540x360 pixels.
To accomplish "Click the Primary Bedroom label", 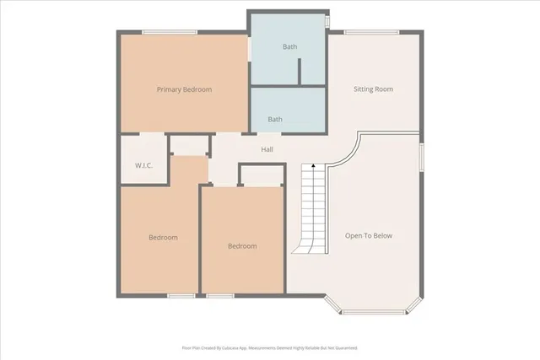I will pos(184,89).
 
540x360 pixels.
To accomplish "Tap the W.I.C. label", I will pos(143,166).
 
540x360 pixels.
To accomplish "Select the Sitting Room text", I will pos(373,89).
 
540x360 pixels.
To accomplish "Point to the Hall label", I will pos(267,150).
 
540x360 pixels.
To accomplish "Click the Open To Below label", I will pos(369,236).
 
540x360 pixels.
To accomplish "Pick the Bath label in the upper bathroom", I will pos(289,47).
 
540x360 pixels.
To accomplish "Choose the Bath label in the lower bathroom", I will pos(275,120).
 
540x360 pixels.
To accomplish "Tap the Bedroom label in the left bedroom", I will pos(163,238).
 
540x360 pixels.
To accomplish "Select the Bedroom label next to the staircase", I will pos(242,246).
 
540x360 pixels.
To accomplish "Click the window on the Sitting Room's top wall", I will pos(371,32).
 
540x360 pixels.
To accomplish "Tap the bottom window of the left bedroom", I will pos(181,295).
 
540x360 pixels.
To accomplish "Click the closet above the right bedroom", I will pos(261,175).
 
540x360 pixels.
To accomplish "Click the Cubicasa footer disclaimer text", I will pos(270,347).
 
